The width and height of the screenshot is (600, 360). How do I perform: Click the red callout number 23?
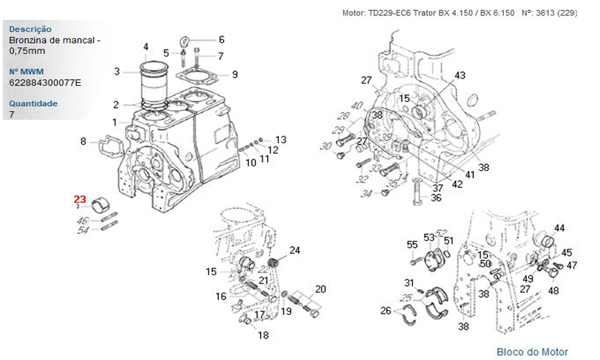[x=80, y=199]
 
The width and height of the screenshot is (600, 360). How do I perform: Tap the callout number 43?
[x=460, y=76]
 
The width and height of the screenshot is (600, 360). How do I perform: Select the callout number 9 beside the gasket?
[x=235, y=74]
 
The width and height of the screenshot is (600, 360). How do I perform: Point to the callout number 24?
[x=295, y=250]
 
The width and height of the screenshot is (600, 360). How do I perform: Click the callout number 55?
[x=412, y=244]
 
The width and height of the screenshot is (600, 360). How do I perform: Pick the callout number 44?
[x=559, y=228]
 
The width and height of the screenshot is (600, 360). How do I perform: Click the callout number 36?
[x=436, y=197]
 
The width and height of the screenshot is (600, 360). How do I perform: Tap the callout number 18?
[x=263, y=335]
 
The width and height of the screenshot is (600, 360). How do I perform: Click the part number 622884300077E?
[x=45, y=83]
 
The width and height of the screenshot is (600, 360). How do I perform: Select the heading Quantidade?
[x=34, y=103]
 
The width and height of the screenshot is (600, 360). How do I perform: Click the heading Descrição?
[x=31, y=29]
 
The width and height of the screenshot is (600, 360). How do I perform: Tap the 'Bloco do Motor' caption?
[x=532, y=352]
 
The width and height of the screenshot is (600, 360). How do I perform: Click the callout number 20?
[x=320, y=289]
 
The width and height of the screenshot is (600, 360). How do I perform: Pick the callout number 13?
[x=281, y=139]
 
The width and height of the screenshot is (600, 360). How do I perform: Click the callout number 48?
[x=553, y=290]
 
